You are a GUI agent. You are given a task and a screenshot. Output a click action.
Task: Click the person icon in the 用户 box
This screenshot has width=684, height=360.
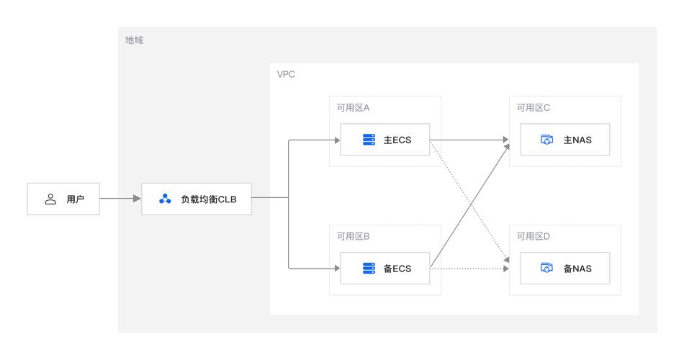[50, 199]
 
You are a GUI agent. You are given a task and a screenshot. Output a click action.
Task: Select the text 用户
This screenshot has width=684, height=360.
[76, 199]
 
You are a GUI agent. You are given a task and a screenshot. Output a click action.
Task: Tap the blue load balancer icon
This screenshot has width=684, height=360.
[165, 199]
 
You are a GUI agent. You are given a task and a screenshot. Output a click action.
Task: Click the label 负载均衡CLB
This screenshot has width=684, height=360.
[208, 199]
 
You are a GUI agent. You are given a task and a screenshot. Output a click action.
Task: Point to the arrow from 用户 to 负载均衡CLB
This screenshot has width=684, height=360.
[120, 198]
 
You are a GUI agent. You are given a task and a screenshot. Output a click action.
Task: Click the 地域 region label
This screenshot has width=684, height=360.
[134, 40]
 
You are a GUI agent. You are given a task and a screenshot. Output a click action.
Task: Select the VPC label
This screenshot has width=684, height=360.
[286, 74]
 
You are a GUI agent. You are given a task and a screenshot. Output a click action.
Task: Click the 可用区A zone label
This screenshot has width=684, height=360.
[353, 108]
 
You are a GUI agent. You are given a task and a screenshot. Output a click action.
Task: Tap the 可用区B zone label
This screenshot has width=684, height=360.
[353, 236]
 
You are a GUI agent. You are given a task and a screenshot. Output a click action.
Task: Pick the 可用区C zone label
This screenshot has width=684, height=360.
[533, 108]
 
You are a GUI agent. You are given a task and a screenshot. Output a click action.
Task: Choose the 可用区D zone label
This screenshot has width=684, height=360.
[533, 236]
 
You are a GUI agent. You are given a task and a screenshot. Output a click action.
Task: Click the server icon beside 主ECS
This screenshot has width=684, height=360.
[369, 140]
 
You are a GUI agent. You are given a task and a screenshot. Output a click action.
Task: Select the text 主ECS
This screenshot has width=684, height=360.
[397, 140]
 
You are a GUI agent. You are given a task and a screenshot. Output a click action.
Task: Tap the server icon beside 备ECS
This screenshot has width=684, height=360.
[369, 269]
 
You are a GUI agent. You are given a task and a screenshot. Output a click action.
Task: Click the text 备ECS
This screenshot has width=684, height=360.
[397, 269]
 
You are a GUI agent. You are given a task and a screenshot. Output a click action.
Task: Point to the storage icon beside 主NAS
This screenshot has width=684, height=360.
[546, 140]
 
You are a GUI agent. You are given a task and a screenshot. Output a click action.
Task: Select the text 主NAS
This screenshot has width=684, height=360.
[577, 140]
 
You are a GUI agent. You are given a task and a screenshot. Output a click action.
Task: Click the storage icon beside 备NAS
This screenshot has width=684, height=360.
[546, 269]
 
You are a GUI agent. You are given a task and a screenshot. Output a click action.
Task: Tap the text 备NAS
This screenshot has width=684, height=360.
[577, 269]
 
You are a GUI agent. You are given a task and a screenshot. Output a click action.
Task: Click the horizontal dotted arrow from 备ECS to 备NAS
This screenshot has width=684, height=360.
[468, 269]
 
